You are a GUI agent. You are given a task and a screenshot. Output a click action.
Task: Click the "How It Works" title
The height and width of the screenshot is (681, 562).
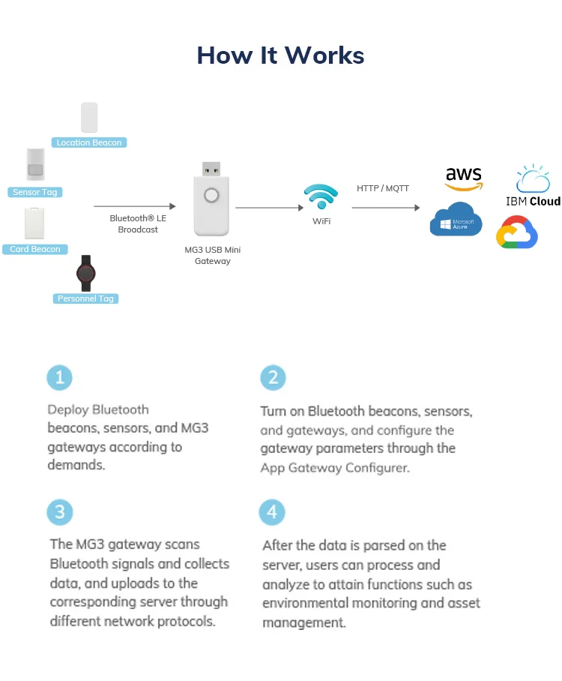[280, 55]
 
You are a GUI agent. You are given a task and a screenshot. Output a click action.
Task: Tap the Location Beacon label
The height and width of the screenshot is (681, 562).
[89, 142]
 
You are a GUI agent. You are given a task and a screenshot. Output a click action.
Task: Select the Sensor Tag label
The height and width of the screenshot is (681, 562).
[35, 192]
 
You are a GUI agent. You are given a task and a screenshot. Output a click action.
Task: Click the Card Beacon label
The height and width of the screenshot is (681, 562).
[35, 249]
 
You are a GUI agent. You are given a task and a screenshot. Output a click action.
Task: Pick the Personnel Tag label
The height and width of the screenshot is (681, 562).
[85, 298]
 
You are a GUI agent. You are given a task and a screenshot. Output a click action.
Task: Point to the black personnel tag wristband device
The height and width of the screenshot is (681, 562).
[86, 273]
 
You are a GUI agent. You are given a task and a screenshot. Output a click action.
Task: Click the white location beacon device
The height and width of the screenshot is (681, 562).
[89, 117]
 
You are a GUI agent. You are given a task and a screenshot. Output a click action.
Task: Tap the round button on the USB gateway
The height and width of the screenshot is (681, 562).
[211, 196]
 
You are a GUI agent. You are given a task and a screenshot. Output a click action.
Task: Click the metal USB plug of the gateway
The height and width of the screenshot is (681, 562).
[211, 169]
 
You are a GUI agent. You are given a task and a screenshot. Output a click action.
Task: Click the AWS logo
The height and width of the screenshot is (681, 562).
[464, 178]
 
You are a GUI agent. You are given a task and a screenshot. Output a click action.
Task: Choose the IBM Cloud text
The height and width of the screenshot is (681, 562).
[533, 202]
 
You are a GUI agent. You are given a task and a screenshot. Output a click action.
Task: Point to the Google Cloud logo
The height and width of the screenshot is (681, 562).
[517, 232]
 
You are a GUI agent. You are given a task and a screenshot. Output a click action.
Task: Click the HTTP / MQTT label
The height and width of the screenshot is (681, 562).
[383, 188]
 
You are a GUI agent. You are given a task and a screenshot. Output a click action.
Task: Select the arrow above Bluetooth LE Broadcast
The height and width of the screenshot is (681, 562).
[135, 206]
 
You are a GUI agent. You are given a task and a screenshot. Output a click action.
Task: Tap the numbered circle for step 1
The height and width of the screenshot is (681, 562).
[59, 377]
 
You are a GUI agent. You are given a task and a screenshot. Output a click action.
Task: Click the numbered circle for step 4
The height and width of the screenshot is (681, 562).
[272, 512]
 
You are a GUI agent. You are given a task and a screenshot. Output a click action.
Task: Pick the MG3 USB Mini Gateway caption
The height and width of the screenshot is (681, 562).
[213, 255]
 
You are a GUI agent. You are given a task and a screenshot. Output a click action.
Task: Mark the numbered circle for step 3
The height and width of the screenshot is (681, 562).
[60, 512]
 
